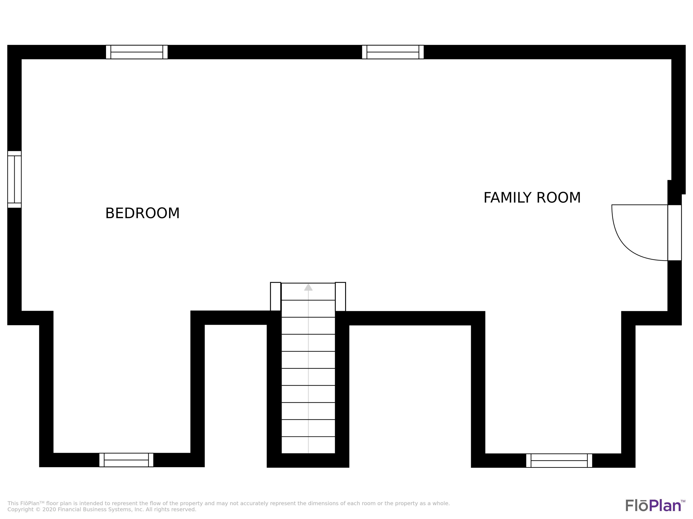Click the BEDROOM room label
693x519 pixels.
coord(142,213)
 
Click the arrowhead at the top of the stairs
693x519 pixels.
coord(308,287)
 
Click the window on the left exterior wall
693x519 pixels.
coord(14,179)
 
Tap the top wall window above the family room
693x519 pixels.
coord(393,52)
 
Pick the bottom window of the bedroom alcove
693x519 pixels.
coord(126,460)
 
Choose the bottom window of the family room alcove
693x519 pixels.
coord(559,460)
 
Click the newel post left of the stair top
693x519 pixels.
coord(275,297)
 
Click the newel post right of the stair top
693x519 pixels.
coord(340,297)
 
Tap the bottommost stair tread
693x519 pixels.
coord(308,445)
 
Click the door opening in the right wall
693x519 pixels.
coord(675,233)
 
